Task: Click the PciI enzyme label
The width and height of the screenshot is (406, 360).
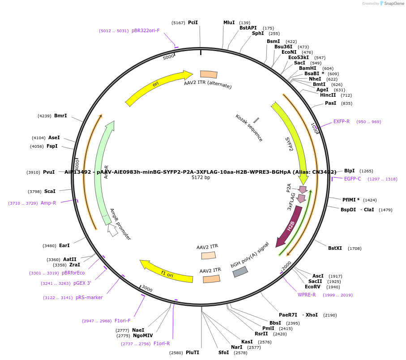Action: (x=193, y=22)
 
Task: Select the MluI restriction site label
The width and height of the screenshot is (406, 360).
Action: (x=229, y=22)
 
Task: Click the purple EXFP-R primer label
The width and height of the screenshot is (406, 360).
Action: (x=342, y=122)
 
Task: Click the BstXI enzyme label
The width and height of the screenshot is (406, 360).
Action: (x=335, y=248)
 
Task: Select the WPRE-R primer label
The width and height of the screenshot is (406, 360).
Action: (x=307, y=295)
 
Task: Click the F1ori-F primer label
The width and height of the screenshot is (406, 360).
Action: (x=122, y=321)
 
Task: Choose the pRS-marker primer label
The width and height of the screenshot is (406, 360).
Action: (x=89, y=297)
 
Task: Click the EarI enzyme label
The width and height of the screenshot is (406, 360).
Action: (x=64, y=245)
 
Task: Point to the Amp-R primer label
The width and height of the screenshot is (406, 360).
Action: (x=48, y=203)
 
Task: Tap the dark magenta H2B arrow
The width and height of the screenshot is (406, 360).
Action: (x=290, y=227)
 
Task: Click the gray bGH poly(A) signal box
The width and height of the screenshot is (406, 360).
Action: (x=240, y=272)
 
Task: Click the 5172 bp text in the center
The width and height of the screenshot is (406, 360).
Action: (x=201, y=178)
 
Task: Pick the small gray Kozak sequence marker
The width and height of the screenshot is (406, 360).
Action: (x=256, y=120)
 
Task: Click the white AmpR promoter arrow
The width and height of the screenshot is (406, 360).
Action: (x=113, y=230)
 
